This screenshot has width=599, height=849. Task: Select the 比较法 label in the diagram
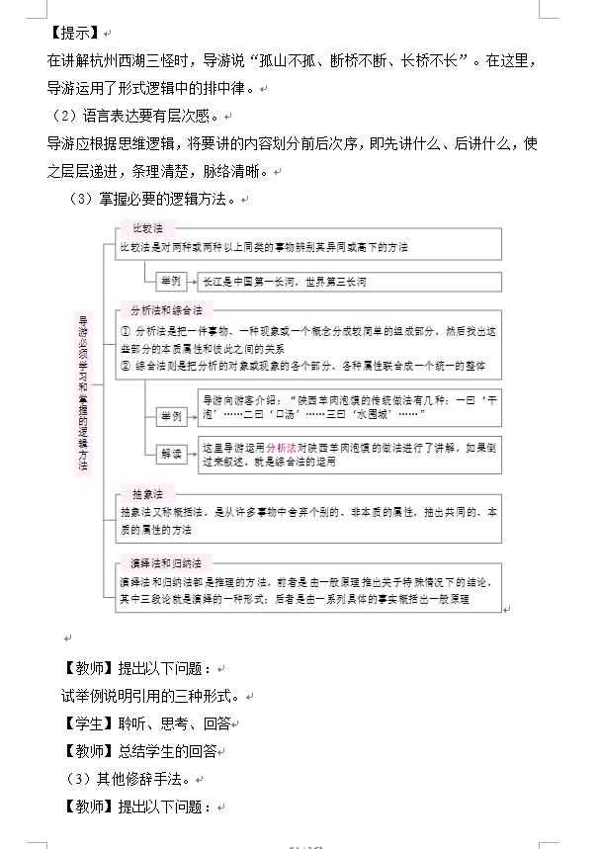(147, 228)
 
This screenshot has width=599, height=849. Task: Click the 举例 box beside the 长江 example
(169, 282)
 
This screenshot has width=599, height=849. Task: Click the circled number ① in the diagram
(125, 331)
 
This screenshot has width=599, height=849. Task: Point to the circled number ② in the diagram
(125, 366)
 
